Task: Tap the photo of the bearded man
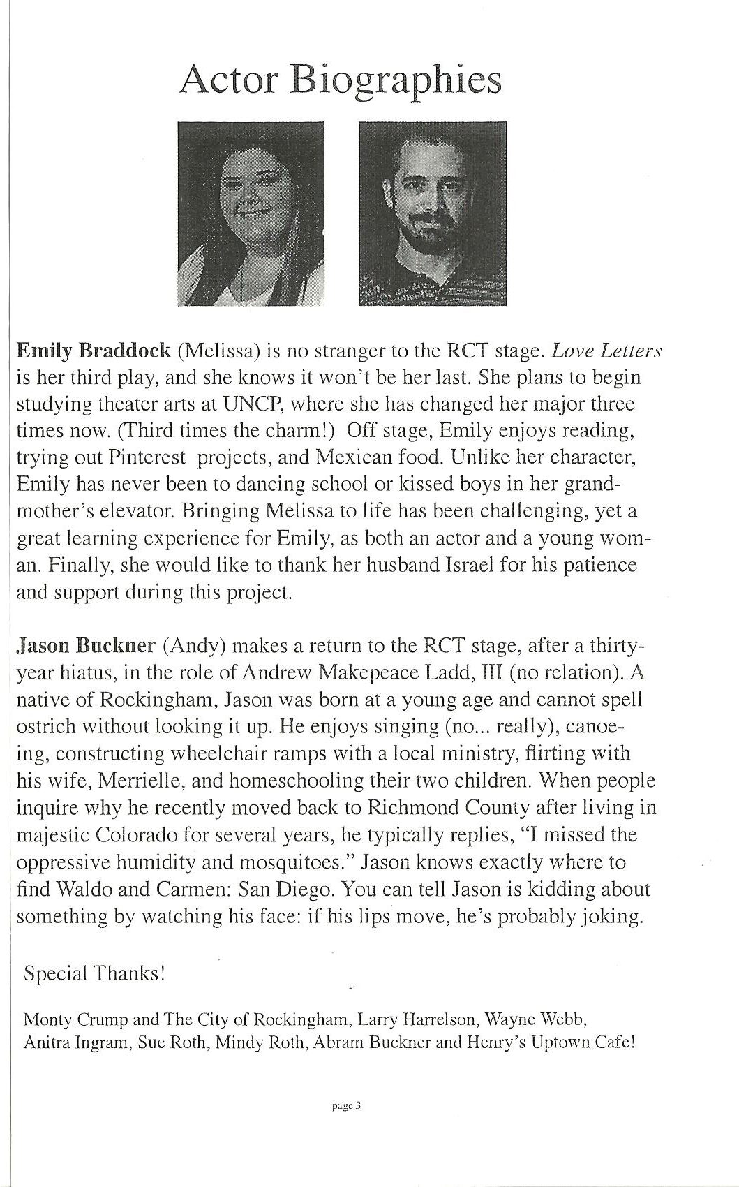(432, 213)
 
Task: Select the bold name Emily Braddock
(93, 350)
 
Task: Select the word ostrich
(46, 726)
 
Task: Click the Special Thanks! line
(94, 973)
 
